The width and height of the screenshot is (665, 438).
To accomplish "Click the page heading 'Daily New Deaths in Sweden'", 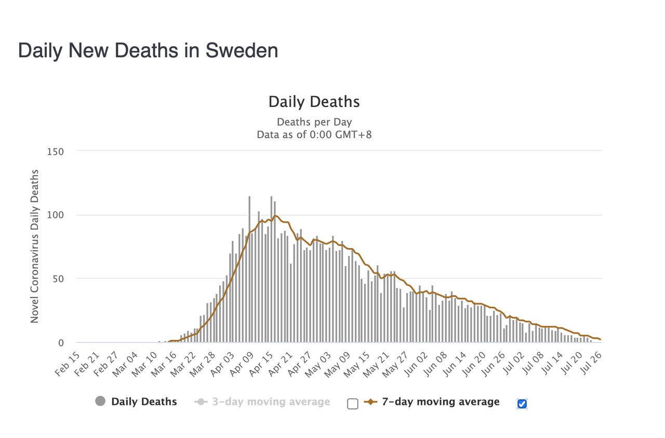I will [148, 50].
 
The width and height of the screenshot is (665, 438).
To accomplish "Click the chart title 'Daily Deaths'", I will [314, 102].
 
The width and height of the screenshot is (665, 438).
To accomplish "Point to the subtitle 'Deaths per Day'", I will [314, 122].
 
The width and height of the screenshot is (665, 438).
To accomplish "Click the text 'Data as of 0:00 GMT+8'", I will [314, 135].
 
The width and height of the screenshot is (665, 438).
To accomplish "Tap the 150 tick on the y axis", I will [56, 152].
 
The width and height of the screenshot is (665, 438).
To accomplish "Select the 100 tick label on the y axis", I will [56, 215].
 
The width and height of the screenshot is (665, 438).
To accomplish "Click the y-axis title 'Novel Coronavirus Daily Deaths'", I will [35, 247].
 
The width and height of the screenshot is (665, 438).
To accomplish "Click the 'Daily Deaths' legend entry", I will [144, 402].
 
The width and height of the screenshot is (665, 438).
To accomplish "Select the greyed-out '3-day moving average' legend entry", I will [271, 402].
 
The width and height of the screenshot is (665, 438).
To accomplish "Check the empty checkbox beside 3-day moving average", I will [353, 404].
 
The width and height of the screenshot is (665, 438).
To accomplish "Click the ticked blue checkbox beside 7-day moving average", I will [522, 404].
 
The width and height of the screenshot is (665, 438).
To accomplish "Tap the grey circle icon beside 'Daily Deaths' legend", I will [101, 401].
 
